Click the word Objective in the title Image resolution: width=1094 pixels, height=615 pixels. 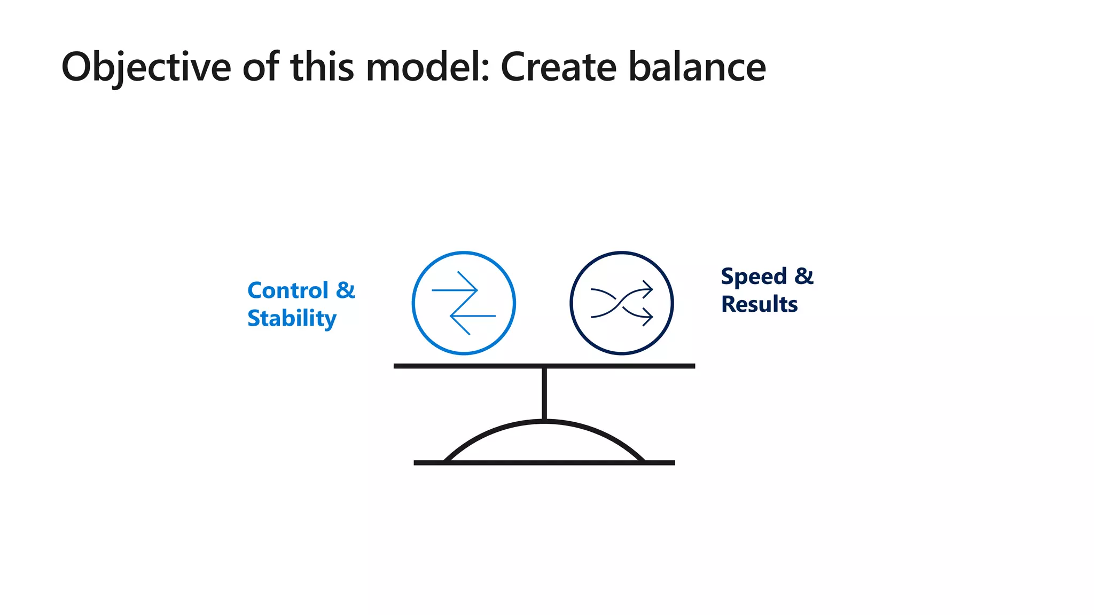point(146,67)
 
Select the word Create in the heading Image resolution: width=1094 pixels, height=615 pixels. point(558,67)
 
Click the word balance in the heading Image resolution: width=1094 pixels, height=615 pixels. point(697,67)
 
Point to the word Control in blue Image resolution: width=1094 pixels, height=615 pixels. point(288,290)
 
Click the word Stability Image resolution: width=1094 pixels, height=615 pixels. point(292,319)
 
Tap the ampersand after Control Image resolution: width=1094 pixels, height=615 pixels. point(346,290)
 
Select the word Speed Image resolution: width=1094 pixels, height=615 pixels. point(754,277)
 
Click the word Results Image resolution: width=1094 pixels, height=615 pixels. point(759,304)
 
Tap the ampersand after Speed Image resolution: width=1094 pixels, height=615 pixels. point(804,277)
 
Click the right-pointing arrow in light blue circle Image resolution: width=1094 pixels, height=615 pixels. point(454,290)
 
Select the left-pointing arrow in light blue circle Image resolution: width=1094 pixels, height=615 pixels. point(473,316)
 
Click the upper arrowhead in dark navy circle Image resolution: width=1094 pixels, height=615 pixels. point(648,289)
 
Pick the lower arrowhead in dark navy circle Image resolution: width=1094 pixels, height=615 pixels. point(648,317)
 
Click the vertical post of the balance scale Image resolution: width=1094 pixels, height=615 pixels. point(544,394)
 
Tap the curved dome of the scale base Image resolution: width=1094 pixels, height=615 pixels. point(544,423)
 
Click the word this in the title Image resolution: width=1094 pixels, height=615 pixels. point(322,67)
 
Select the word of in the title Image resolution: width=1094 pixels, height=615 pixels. point(261,67)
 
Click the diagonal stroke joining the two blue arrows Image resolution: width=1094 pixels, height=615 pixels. point(464,303)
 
